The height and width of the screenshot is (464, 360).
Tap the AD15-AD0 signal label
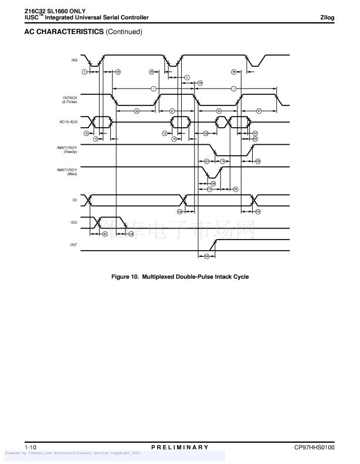(x=69, y=122)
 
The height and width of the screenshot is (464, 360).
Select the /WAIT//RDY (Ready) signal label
(x=68, y=149)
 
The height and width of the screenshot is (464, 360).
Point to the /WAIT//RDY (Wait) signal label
(x=68, y=172)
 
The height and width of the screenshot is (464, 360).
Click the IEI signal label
(x=74, y=200)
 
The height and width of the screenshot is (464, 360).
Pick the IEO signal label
(x=74, y=223)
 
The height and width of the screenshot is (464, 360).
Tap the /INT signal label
(x=73, y=244)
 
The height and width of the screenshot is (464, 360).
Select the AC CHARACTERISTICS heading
(x=63, y=32)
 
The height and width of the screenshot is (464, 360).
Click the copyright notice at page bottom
(x=73, y=453)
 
